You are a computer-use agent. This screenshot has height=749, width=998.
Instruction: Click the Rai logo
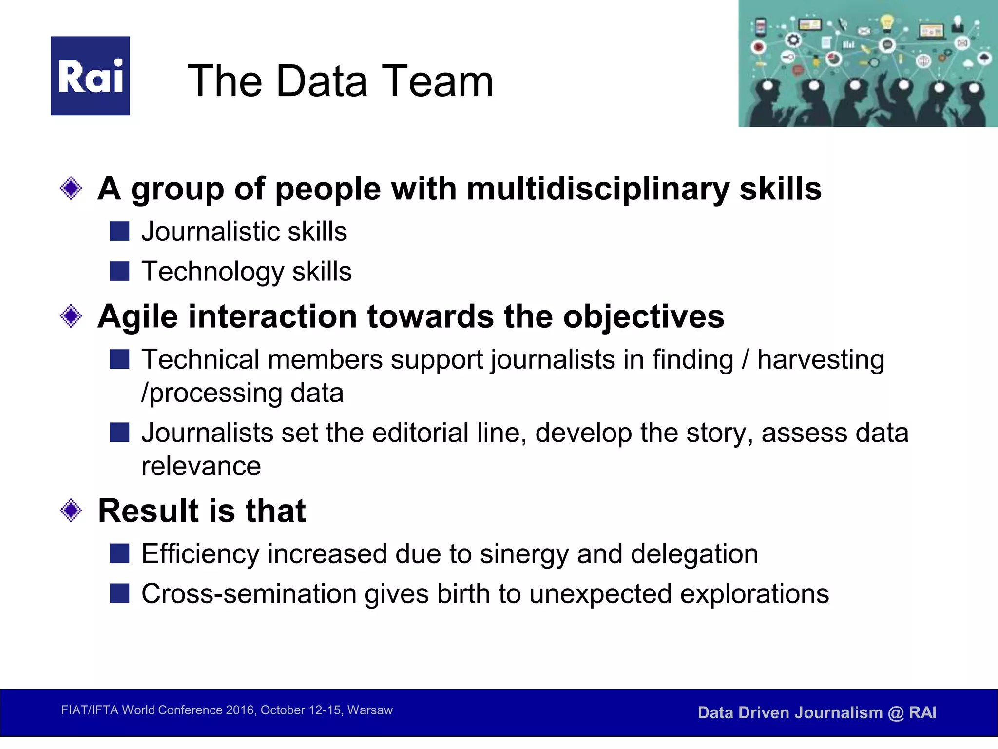90,76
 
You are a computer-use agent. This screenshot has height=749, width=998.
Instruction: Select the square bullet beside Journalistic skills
119,231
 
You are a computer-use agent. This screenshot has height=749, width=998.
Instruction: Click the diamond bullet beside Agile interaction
71,316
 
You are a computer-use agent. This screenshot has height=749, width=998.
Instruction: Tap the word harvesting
821,360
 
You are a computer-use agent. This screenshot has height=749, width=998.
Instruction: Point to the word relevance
201,466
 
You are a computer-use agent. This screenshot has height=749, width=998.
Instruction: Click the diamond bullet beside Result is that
71,511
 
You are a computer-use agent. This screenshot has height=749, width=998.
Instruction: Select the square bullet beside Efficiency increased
119,554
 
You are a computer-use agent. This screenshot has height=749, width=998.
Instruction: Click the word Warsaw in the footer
370,710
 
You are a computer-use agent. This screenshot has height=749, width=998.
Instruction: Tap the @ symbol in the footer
896,713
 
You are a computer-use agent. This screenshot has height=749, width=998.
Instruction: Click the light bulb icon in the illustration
887,21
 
